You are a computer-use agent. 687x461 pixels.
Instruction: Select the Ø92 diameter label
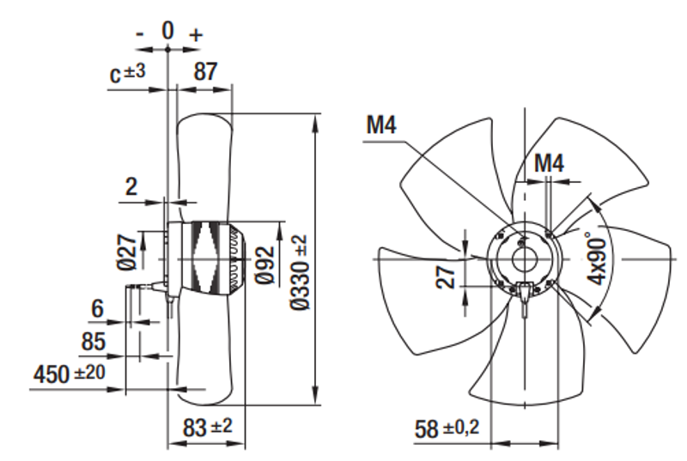coord(266,261)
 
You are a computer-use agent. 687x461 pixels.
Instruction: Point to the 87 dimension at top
coord(204,72)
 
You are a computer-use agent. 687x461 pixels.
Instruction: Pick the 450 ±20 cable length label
coord(67,374)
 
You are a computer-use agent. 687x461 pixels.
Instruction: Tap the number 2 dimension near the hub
coord(131,186)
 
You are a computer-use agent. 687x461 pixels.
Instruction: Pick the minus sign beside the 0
coord(140,34)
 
